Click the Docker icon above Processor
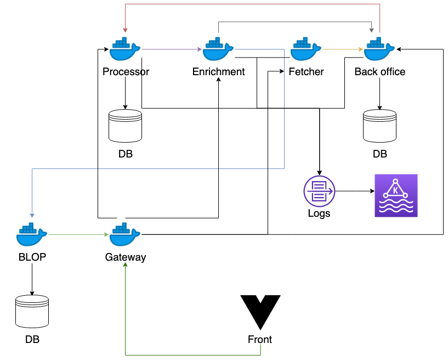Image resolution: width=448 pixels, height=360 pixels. [125, 50]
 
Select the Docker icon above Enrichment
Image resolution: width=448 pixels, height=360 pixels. [218, 50]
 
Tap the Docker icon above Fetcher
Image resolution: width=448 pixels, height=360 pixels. [306, 50]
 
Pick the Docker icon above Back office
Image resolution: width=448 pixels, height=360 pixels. [379, 50]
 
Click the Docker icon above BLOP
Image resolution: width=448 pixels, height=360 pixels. [32, 235]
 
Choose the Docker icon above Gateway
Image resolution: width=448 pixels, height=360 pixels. [125, 235]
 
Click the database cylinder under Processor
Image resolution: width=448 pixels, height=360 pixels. [125, 126]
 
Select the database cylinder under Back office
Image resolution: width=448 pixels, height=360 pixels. [379, 126]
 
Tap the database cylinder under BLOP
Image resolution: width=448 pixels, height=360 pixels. [32, 311]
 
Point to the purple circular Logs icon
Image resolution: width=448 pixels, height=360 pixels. [319, 191]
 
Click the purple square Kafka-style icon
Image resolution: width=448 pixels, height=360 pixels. [396, 195]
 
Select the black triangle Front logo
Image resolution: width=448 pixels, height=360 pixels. [260, 312]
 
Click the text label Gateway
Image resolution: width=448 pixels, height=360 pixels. [126, 257]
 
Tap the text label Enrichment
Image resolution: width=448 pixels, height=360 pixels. [219, 72]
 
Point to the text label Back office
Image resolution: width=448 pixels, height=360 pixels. [380, 72]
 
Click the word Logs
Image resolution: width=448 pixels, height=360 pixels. [319, 213]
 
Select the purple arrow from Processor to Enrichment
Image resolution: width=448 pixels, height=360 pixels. [172, 49]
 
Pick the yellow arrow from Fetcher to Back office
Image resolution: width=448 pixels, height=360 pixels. [343, 49]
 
